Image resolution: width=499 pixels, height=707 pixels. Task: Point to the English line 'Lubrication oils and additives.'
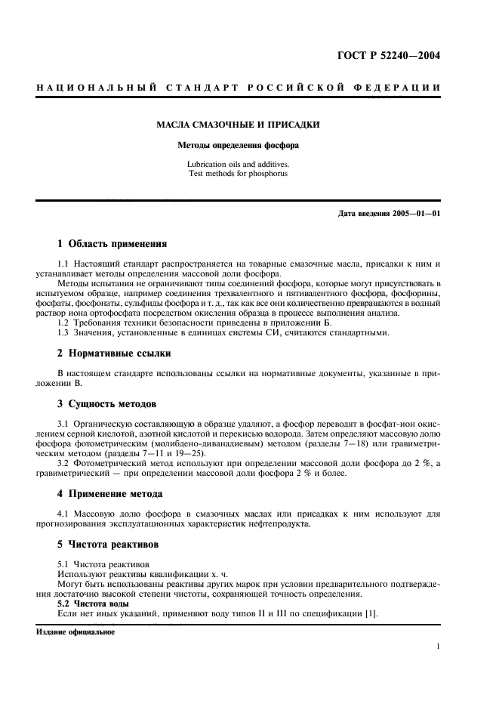point(237,164)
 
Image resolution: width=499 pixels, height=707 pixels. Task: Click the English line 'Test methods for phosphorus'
point(237,174)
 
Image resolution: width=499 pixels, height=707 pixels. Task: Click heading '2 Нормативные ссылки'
point(114,353)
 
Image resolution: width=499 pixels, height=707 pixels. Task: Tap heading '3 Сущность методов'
point(108,403)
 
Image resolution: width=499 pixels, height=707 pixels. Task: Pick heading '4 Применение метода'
point(110,494)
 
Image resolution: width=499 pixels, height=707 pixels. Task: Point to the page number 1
point(438,647)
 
